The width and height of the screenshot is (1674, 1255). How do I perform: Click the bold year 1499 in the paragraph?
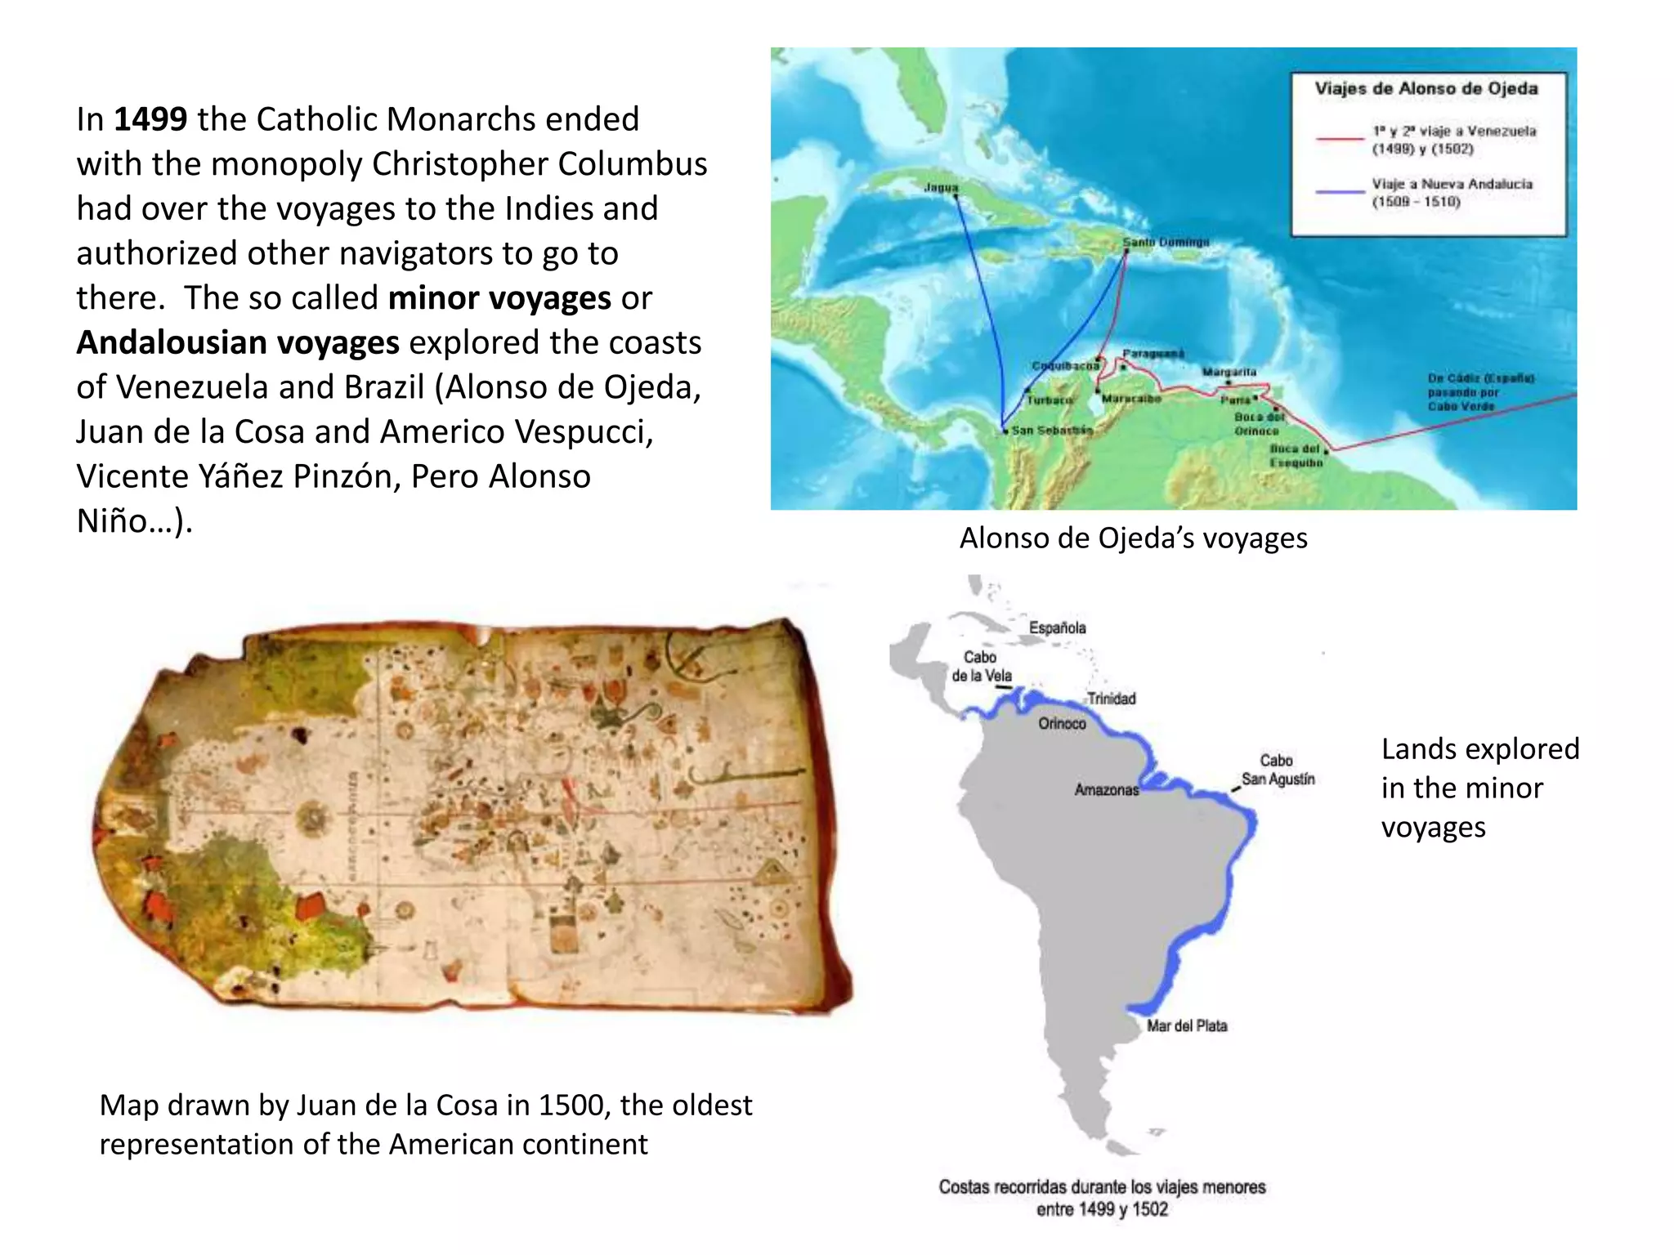tap(150, 119)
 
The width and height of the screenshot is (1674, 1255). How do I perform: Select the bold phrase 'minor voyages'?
tap(499, 298)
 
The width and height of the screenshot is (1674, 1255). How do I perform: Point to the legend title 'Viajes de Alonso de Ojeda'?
tap(1426, 88)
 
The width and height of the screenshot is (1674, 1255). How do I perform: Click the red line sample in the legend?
tap(1340, 140)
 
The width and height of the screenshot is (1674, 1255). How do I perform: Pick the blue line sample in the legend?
tap(1340, 192)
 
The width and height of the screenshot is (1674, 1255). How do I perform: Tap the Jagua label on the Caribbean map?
tap(941, 187)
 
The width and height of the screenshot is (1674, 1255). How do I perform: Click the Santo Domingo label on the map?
tap(1166, 242)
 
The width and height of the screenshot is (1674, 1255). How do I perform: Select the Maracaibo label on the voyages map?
tap(1131, 399)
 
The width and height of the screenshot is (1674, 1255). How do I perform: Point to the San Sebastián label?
tap(1052, 430)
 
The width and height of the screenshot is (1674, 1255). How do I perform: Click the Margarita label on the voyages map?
tap(1229, 372)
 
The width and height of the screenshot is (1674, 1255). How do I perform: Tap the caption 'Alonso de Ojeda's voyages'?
tap(1133, 538)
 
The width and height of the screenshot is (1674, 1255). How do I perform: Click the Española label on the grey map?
tap(1058, 627)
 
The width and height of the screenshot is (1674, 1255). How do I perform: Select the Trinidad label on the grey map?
tap(1112, 699)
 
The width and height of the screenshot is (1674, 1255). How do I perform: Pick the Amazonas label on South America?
tap(1106, 790)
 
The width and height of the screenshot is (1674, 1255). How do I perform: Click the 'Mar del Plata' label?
tap(1186, 1026)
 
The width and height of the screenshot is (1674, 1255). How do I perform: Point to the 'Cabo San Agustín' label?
tap(1278, 770)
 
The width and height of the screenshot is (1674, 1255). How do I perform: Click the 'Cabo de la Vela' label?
tap(981, 667)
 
